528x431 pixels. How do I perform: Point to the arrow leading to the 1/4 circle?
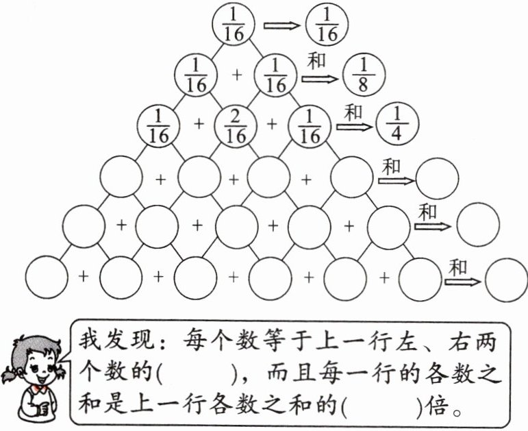[x=355, y=127]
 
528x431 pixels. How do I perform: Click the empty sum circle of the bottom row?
[x=506, y=279]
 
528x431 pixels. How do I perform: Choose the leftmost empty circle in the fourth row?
[x=121, y=177]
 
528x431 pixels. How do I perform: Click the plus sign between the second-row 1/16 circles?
[x=237, y=74]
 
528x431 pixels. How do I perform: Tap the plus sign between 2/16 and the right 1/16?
[x=272, y=124]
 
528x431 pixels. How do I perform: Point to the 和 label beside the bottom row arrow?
[x=457, y=267]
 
